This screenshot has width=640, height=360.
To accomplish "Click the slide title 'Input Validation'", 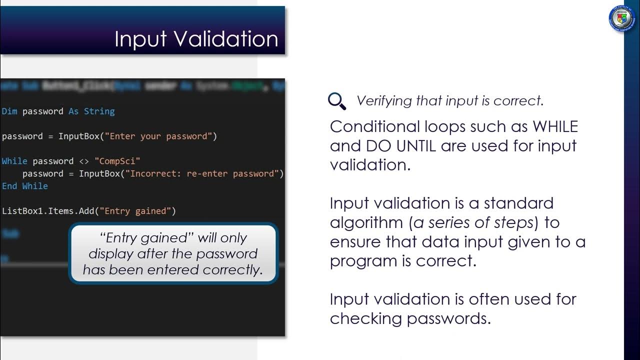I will point(196,39).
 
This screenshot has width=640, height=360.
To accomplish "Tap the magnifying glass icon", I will point(337,101).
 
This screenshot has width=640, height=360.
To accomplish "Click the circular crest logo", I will point(621,19).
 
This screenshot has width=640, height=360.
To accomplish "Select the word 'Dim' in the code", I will point(9,111).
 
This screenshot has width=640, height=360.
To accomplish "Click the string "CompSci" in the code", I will point(117,161).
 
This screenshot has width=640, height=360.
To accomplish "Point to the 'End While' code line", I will point(25,186).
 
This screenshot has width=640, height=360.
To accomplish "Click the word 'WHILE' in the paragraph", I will point(555,126).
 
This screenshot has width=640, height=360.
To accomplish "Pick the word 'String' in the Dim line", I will point(99,111).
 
